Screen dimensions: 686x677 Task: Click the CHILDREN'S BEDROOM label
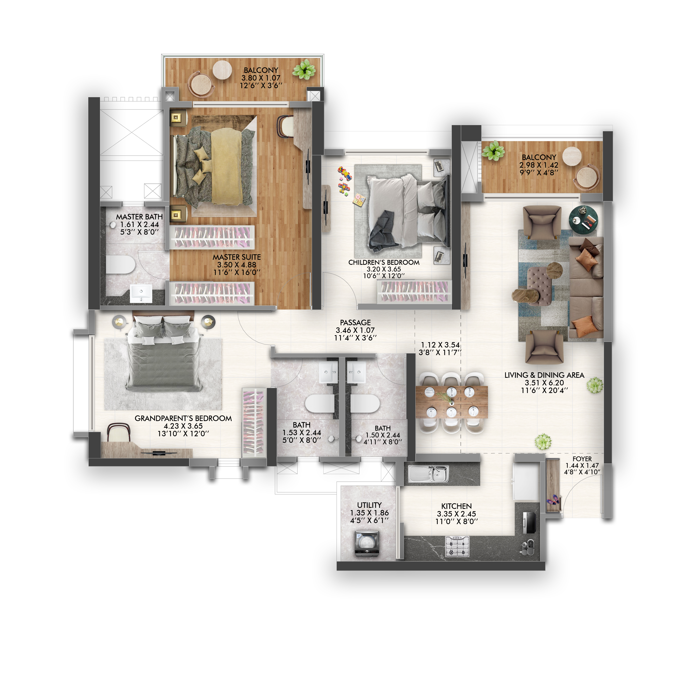tap(384, 262)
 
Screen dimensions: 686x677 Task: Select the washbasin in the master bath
tap(141, 293)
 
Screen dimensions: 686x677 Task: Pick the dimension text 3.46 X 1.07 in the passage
tap(355, 330)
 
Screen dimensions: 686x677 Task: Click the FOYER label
tap(582, 459)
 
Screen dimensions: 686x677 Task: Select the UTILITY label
tap(369, 505)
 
